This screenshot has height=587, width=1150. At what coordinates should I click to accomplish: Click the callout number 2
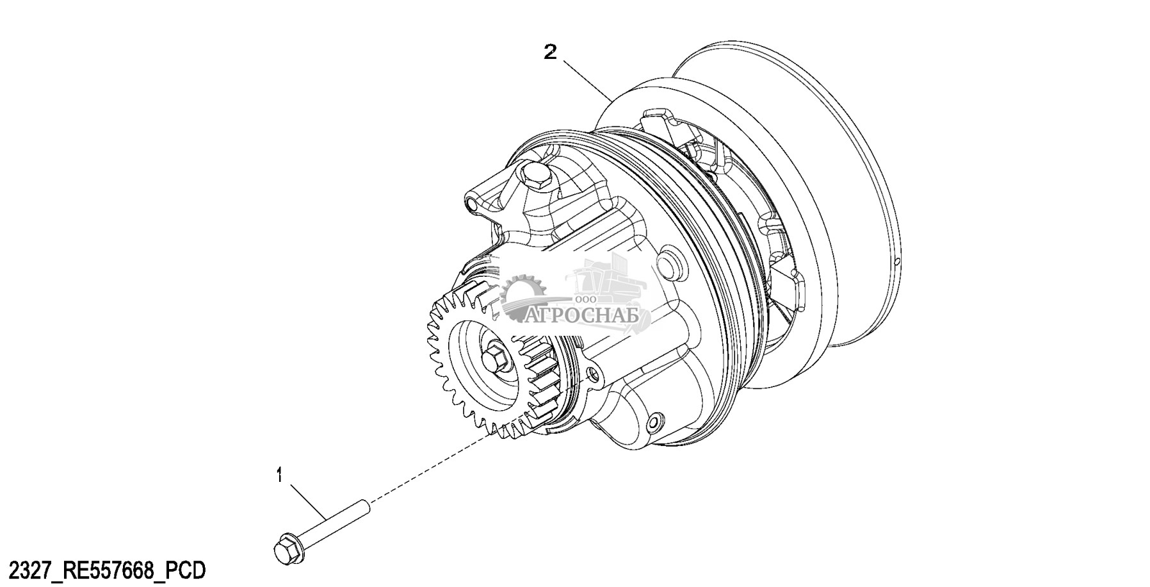point(550,52)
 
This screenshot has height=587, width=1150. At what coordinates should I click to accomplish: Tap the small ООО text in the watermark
point(585,299)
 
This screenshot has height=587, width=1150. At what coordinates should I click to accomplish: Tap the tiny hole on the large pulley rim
point(898,261)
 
